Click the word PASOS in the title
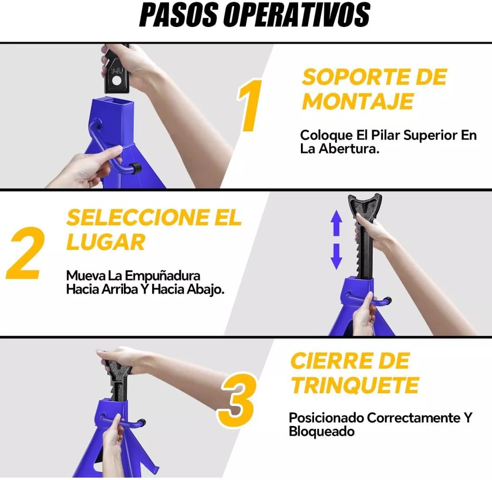pyautogui.click(x=178, y=15)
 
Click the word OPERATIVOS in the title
pyautogui.click(x=297, y=15)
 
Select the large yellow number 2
pyautogui.click(x=26, y=253)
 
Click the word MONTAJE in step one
pyautogui.click(x=358, y=101)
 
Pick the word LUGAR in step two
pyautogui.click(x=106, y=242)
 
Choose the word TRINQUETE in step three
pyautogui.click(x=355, y=385)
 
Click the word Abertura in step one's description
pyautogui.click(x=349, y=148)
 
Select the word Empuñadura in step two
pyautogui.click(x=163, y=276)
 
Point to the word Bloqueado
pyautogui.click(x=321, y=431)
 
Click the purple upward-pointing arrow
pyautogui.click(x=336, y=223)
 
